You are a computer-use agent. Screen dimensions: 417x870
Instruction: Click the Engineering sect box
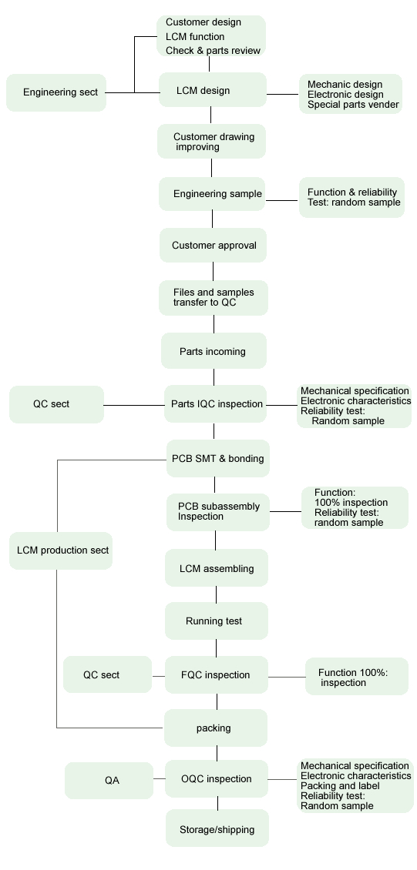pyautogui.click(x=56, y=92)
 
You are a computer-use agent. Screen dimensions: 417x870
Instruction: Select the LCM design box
pyautogui.click(x=213, y=90)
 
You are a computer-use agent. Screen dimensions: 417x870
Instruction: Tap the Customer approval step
pyautogui.click(x=214, y=246)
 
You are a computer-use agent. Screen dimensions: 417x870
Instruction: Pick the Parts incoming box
pyautogui.click(x=214, y=350)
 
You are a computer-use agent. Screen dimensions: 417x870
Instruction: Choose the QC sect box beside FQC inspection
pyautogui.click(x=107, y=674)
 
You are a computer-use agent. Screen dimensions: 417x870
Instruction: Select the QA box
pyautogui.click(x=109, y=780)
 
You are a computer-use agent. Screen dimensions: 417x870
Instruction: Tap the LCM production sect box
pyautogui.click(x=61, y=550)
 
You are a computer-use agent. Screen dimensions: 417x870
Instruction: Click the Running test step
pyautogui.click(x=217, y=621)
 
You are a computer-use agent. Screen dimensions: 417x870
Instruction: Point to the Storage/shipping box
pyautogui.click(x=217, y=828)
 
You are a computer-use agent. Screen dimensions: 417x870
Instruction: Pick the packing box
pyautogui.click(x=216, y=728)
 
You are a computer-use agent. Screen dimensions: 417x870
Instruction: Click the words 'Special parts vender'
pyautogui.click(x=353, y=104)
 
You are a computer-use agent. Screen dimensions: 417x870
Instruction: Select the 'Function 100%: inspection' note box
pyautogui.click(x=356, y=676)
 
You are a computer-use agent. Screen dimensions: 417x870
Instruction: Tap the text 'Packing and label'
pyautogui.click(x=340, y=785)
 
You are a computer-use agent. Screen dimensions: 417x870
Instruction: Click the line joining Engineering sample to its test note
pyautogui.click(x=282, y=200)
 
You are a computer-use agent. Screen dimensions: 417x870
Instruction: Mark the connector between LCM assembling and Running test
pyautogui.click(x=217, y=595)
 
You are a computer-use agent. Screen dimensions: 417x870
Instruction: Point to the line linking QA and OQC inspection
pyautogui.click(x=160, y=779)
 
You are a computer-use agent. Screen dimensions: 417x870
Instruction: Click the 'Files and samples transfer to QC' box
pyautogui.click(x=214, y=298)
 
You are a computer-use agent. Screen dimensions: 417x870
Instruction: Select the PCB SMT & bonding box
pyautogui.click(x=218, y=458)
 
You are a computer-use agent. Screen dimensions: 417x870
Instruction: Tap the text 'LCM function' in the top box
pyautogui.click(x=195, y=37)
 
